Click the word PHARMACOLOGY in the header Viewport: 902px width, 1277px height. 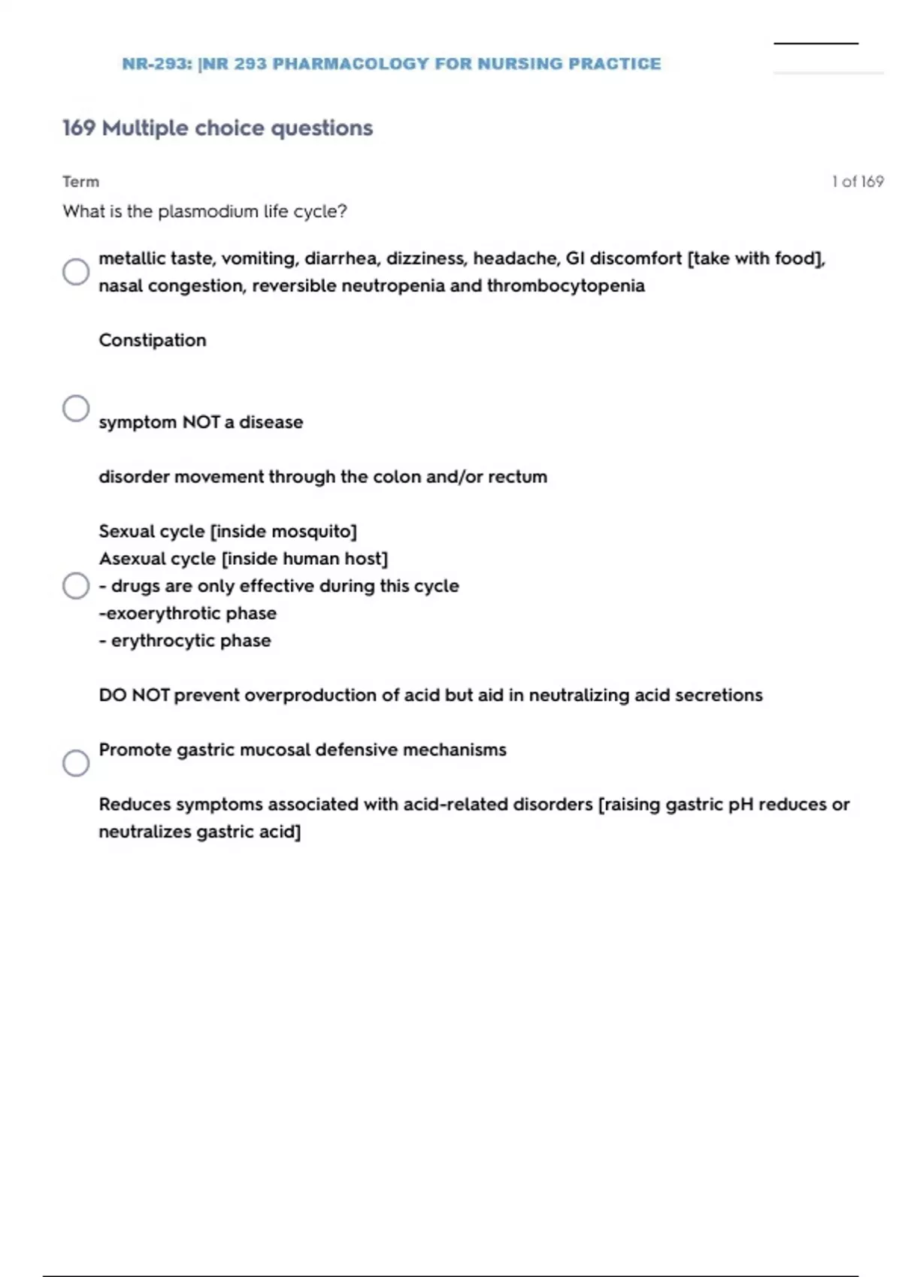pos(350,64)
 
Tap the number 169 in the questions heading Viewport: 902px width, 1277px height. pos(79,128)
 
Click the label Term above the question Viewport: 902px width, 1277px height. pos(80,182)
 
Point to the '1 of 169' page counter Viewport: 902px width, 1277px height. pos(857,182)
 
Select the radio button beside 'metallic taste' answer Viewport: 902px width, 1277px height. pos(76,272)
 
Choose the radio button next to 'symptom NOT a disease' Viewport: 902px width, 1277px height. pos(76,409)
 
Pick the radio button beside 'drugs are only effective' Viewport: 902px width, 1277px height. pos(76,586)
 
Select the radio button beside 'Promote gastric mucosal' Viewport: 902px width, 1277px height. pos(76,763)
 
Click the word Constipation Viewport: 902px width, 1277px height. pos(153,340)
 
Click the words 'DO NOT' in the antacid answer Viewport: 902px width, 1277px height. pos(134,696)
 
